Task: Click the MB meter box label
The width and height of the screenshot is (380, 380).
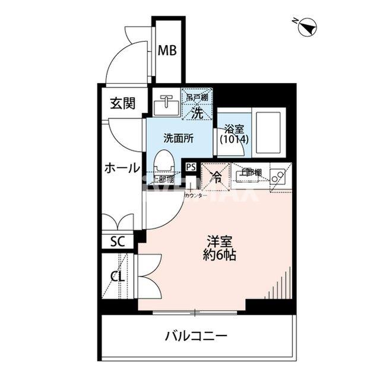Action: (x=167, y=51)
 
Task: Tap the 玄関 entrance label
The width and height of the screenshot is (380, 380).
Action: (x=122, y=103)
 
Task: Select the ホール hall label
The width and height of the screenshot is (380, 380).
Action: (x=122, y=167)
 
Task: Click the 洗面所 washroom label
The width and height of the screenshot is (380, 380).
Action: (x=178, y=137)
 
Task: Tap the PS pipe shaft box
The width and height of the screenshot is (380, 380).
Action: (x=191, y=168)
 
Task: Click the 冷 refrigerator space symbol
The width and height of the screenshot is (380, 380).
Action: (x=217, y=176)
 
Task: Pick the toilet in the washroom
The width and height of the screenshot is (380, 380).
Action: (x=163, y=162)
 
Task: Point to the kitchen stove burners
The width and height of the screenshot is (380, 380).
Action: (x=276, y=176)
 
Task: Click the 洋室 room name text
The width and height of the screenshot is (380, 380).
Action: (x=219, y=242)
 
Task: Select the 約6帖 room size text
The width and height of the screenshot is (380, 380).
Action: (x=219, y=256)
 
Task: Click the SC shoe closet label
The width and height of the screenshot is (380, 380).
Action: (x=118, y=241)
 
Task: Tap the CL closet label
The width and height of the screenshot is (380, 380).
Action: (x=117, y=277)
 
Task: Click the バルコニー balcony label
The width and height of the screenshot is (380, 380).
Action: (x=196, y=336)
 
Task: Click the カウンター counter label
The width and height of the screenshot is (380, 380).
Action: (x=196, y=196)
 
